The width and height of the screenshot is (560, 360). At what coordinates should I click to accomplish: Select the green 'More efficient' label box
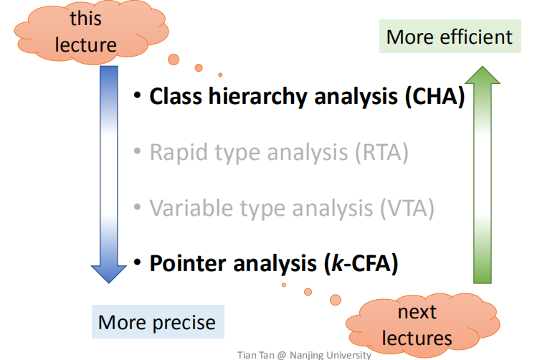pos(450,37)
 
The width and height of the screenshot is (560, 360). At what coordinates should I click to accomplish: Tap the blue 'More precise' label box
pos(157,322)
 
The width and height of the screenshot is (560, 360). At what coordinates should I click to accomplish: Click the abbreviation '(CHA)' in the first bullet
pos(434,96)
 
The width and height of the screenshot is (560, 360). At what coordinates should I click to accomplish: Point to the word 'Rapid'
pos(179,152)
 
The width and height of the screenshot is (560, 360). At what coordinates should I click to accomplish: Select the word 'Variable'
pos(191,208)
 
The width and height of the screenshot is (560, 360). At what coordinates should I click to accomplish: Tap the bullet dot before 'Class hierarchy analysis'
pos(138,97)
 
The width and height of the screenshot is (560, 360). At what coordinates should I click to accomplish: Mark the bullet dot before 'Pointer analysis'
pos(138,263)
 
